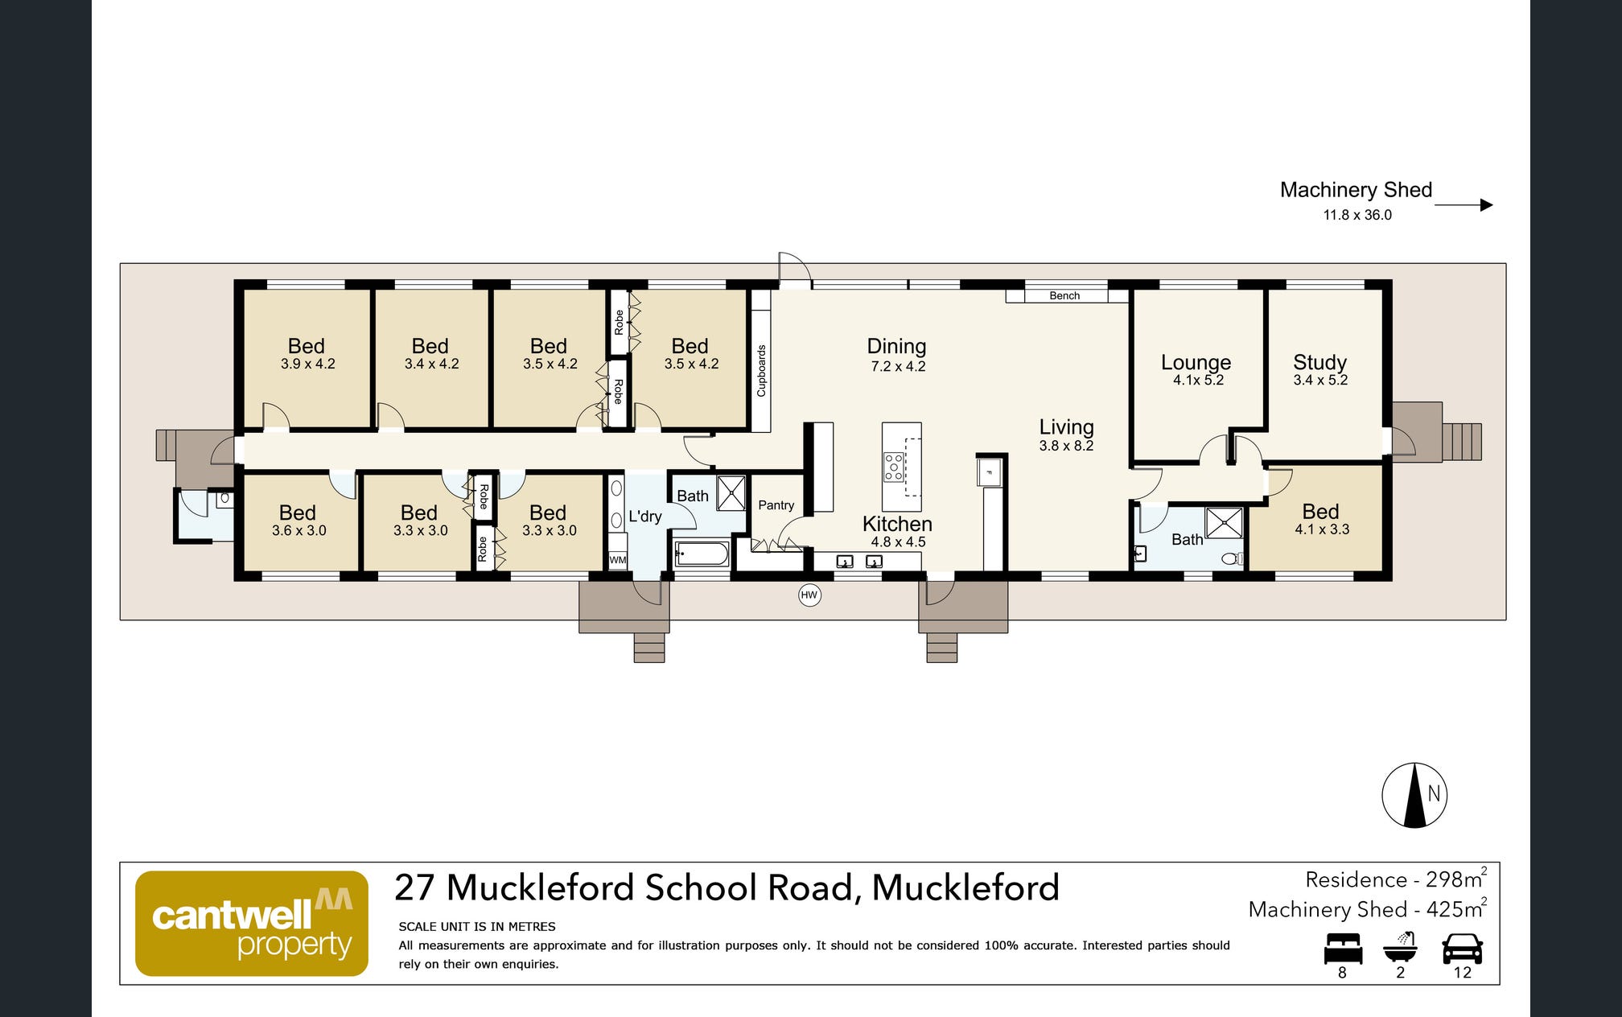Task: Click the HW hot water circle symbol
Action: click(809, 595)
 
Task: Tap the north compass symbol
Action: click(1414, 795)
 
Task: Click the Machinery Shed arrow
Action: click(1464, 205)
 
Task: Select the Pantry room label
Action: click(776, 505)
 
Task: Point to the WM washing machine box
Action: click(618, 560)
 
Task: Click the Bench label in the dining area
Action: click(1064, 296)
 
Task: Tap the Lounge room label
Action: click(1196, 362)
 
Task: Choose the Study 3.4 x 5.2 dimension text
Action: click(1320, 380)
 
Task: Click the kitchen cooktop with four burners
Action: click(894, 467)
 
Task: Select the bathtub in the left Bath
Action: click(702, 554)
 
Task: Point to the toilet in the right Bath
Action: click(1232, 558)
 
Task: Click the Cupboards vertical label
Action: click(761, 371)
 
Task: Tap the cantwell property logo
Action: click(252, 924)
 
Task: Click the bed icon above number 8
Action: click(1343, 949)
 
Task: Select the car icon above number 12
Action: click(1463, 949)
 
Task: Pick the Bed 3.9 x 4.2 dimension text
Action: click(308, 364)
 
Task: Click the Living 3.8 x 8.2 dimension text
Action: click(1066, 446)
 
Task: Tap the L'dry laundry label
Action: click(645, 516)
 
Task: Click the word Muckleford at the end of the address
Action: click(965, 887)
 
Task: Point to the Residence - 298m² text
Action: click(1396, 879)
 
